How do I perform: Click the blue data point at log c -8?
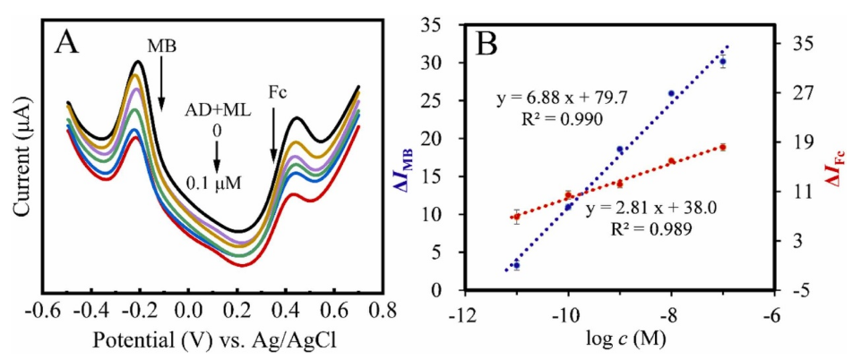pos(671,94)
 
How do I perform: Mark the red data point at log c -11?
pos(517,217)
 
